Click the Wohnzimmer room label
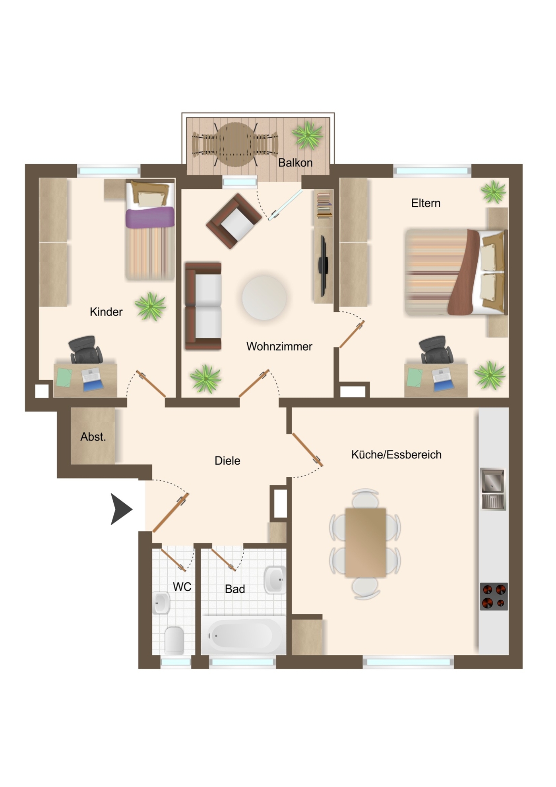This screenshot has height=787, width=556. [279, 346]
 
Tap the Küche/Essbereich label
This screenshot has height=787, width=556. [396, 454]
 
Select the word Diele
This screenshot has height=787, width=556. [227, 461]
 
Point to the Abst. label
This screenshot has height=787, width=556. [93, 437]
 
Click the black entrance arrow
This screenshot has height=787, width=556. [121, 509]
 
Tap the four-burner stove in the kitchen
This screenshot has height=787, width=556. [494, 596]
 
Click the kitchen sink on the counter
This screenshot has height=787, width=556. [493, 489]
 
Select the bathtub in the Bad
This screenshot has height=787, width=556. [243, 635]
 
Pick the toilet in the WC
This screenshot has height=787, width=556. [174, 640]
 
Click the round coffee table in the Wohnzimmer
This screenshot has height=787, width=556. [264, 297]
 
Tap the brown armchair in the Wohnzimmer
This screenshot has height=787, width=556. [234, 221]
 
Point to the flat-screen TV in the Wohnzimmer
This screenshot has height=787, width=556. [323, 266]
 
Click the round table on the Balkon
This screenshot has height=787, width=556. [235, 144]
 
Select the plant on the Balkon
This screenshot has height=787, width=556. [308, 135]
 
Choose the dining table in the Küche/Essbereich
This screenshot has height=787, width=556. [366, 542]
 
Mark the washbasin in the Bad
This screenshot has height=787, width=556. [275, 580]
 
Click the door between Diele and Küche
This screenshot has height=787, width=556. [307, 450]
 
